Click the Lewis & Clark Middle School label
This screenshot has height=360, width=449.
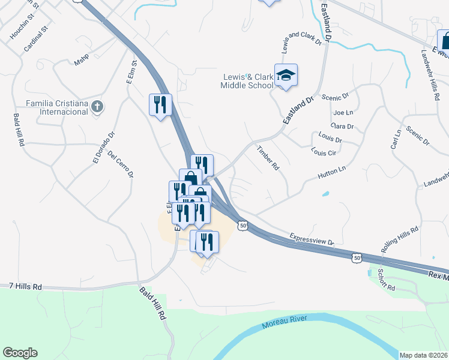248,81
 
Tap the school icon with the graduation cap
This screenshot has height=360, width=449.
286,75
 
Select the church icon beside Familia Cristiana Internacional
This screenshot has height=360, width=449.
98,107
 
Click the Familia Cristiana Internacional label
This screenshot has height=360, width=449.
56,107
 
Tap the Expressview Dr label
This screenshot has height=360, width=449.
312,239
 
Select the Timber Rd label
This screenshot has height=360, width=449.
268,158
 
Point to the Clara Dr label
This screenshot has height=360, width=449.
342,127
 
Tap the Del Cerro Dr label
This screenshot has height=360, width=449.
120,164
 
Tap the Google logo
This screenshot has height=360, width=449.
20,353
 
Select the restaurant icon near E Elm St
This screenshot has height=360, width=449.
160,105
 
